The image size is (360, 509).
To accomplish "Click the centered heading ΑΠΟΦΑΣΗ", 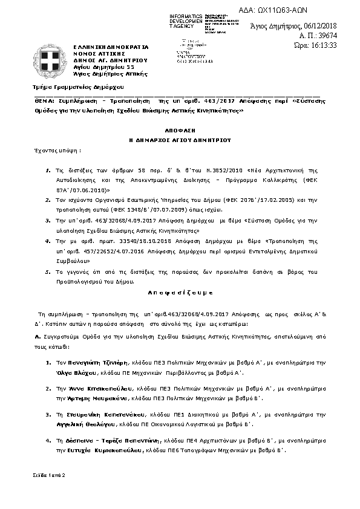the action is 180,130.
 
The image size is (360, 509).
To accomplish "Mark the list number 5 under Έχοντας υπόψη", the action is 48,272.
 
